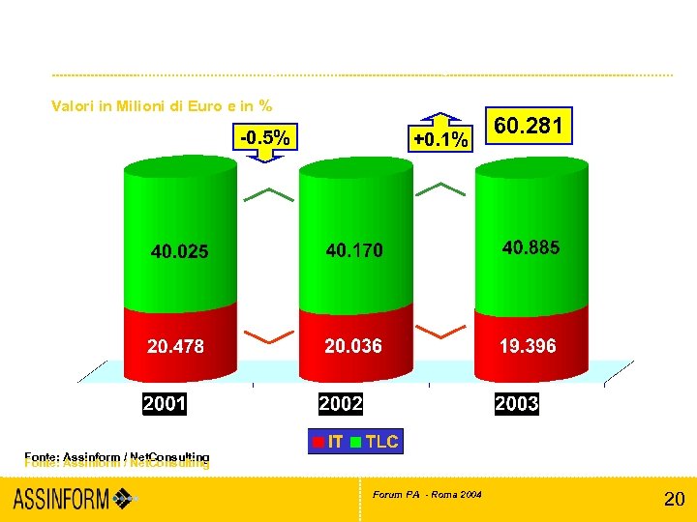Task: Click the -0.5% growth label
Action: [264, 138]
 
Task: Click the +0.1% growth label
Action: [440, 139]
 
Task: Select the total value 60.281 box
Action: [528, 126]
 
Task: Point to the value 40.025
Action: [179, 252]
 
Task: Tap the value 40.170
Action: [354, 250]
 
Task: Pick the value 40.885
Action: [530, 248]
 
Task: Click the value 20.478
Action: [175, 346]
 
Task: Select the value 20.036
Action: [352, 346]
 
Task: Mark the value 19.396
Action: [528, 346]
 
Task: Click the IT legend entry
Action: [327, 442]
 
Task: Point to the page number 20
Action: [674, 500]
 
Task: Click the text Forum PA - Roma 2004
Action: [427, 495]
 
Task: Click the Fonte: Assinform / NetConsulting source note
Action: [116, 459]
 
